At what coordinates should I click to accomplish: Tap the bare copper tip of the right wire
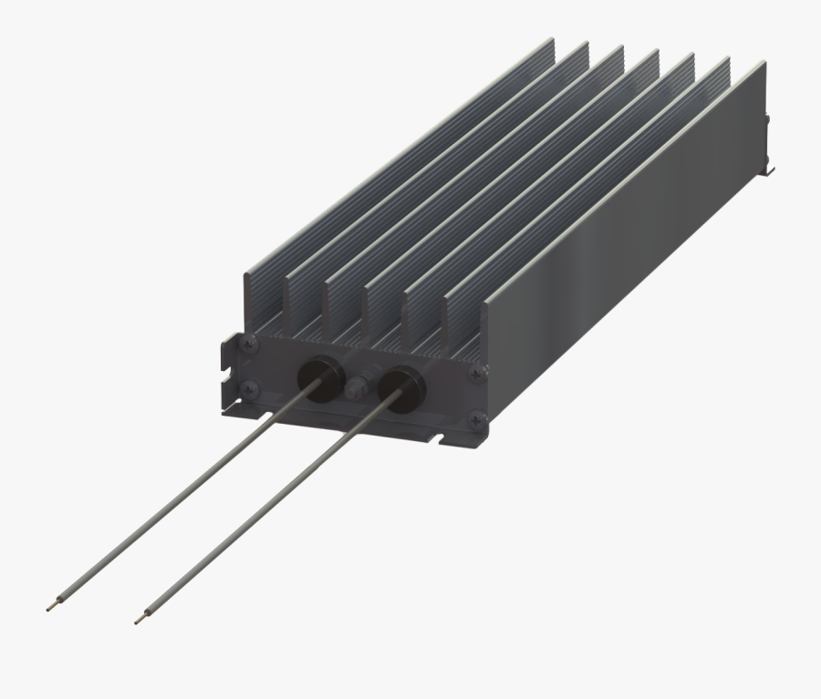139,620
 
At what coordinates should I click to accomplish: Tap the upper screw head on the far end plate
769,119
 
